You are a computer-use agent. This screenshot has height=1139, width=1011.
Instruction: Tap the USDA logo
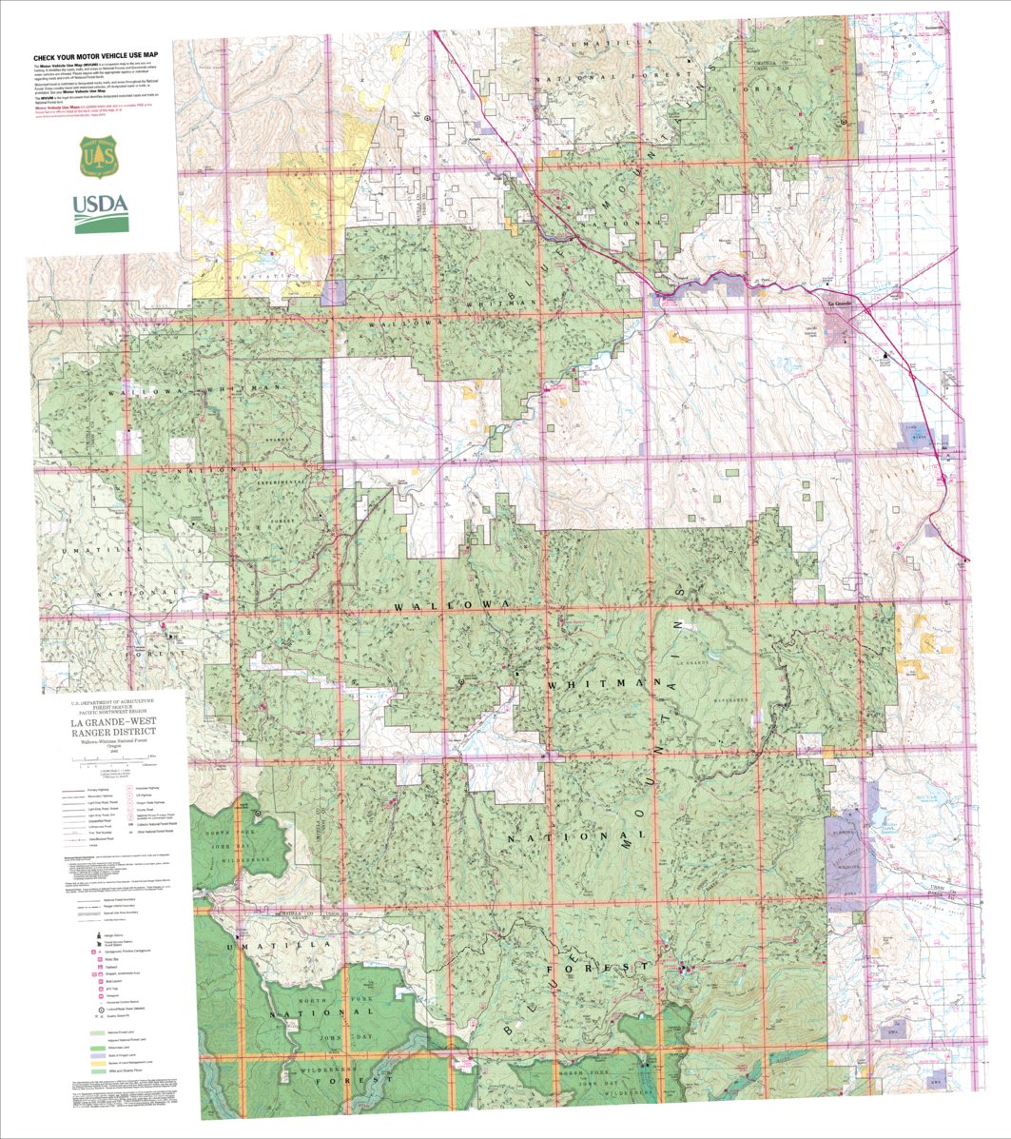[x=100, y=208]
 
